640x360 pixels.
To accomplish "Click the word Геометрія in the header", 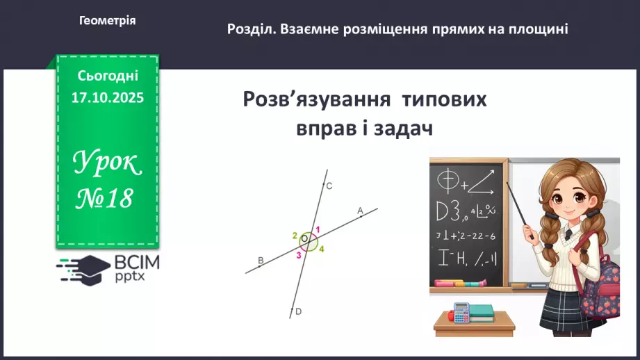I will [107, 21].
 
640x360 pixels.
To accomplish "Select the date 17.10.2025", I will [107, 98].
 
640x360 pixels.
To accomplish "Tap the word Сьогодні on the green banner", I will [107, 75].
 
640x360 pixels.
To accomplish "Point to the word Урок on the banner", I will [107, 164].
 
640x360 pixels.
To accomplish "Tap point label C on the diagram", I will [329, 186].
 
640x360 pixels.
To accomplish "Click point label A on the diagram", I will [360, 210].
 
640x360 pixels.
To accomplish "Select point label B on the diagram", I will [261, 261].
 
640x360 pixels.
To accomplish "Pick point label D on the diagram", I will [298, 312].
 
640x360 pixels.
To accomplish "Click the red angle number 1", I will [318, 230].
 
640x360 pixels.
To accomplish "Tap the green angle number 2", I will [295, 235].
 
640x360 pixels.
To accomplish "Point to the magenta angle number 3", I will [299, 255].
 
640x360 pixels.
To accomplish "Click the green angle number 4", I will [322, 249].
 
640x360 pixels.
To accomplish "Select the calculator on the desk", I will [461, 311].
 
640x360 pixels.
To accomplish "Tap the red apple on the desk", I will [450, 316].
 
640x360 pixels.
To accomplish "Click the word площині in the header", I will [539, 29].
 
